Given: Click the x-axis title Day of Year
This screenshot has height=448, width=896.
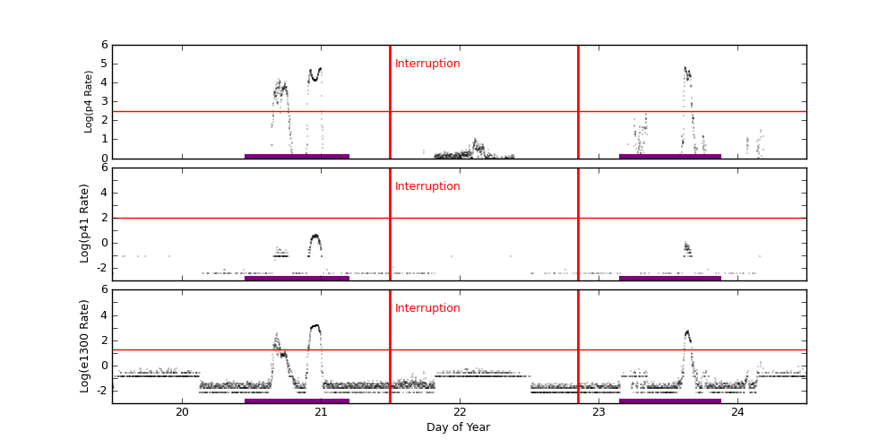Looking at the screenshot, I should pos(458,427).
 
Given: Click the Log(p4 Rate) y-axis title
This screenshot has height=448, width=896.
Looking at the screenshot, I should pos(89,101).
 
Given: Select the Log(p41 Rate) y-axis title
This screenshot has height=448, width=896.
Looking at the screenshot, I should pos(85,223).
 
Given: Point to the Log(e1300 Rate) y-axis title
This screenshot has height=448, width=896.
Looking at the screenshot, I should pos(85,346).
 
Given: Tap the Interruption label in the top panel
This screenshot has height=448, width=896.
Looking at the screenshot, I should pos(427,64).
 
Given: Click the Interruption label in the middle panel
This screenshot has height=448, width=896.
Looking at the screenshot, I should pos(427,186).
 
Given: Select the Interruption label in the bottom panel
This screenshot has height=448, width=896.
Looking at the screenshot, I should pos(427,308).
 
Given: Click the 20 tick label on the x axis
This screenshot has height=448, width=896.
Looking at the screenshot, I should pos(182,411).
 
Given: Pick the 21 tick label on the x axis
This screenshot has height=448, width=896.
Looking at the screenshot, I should pos(321,411).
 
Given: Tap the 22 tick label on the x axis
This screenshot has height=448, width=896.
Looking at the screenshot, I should pos(460,411).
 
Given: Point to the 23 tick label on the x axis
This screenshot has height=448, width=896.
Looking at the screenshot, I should pos(599,411).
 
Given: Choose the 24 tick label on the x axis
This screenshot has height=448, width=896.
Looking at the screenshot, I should pos(737,411).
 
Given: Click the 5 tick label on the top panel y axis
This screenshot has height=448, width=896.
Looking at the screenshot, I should pos(104,64).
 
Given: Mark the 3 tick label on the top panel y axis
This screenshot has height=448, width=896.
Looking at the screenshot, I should pos(104,101).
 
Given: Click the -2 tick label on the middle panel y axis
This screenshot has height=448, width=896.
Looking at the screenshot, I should pos(101,267).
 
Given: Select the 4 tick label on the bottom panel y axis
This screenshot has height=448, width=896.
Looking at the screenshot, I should pos(104,314).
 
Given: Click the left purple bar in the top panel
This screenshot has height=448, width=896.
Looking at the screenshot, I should pos(297,156).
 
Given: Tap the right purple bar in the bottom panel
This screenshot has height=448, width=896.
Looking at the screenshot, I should pos(669,401).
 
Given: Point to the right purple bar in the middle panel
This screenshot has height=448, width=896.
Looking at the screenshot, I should pos(669,278).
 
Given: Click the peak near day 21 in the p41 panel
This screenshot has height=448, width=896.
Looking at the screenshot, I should pos(315,236).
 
